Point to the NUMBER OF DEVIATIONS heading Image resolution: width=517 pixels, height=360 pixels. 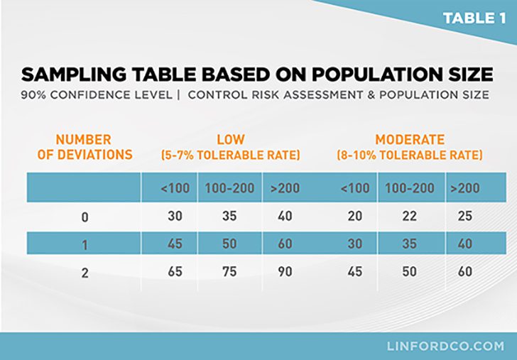click(84, 147)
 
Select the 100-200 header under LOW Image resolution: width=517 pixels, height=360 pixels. click(230, 188)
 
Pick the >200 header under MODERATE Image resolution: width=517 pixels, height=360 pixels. click(465, 188)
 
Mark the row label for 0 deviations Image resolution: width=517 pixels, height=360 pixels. click(85, 217)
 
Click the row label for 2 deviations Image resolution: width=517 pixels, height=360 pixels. click(85, 272)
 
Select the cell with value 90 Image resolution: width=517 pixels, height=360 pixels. click(285, 271)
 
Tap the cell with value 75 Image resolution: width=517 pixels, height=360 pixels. click(230, 271)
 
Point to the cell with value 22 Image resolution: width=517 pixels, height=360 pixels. click(410, 217)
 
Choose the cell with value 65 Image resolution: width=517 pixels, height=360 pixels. click(175, 271)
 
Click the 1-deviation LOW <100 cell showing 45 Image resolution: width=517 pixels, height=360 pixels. click(175, 244)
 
